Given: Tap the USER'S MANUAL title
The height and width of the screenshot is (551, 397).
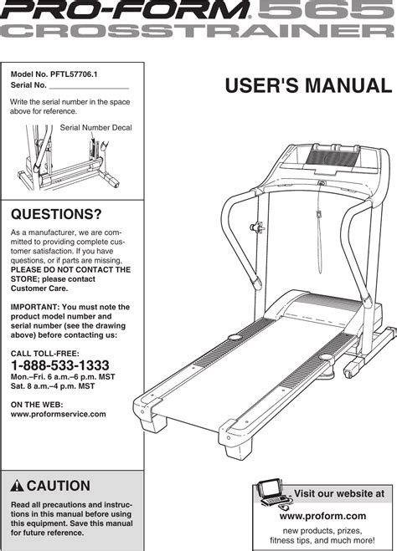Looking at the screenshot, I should pyautogui.click(x=307, y=86).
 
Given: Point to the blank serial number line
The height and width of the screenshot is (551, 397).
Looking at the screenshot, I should pyautogui.click(x=90, y=86).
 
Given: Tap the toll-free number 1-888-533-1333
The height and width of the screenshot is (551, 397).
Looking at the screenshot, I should pyautogui.click(x=60, y=366).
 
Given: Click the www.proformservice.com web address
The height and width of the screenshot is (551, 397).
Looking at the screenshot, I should pyautogui.click(x=59, y=414).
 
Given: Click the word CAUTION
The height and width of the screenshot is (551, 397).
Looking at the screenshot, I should pyautogui.click(x=59, y=486).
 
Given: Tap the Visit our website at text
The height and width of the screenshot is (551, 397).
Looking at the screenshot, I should pyautogui.click(x=340, y=494).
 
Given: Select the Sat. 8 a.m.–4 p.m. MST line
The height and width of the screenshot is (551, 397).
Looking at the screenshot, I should pyautogui.click(x=57, y=388).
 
